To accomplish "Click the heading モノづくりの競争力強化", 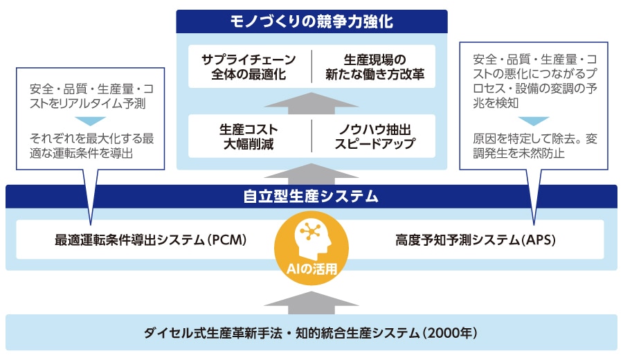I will (x=311, y=21).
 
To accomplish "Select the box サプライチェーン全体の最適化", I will (x=249, y=66).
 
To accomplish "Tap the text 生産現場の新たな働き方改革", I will (x=374, y=66).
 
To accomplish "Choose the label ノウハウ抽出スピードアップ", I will (x=374, y=136).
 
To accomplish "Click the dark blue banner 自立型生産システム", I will (x=311, y=197).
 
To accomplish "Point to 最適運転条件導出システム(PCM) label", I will (x=151, y=240).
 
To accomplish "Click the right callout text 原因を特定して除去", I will (x=534, y=145).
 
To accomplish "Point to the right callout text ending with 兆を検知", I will (x=534, y=86).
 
